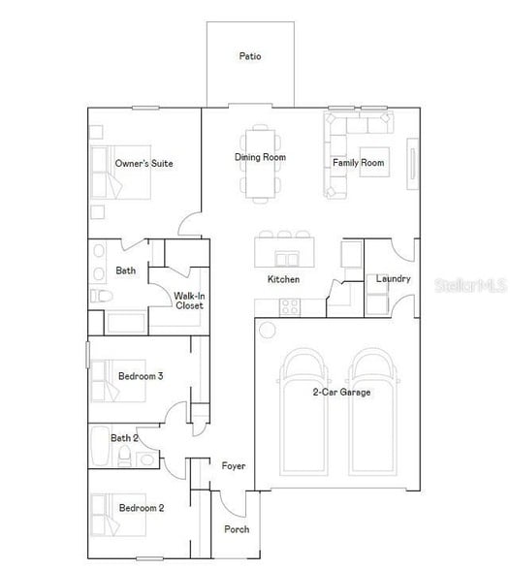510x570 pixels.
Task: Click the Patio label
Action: [250, 56]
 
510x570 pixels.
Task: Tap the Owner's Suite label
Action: [143, 164]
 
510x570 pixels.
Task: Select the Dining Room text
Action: [260, 157]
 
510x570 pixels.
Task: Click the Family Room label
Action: [359, 163]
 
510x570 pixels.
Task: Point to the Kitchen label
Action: [283, 279]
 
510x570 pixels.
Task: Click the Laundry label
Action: [393, 279]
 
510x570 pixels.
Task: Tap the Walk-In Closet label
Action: [188, 301]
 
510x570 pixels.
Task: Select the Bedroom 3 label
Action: [141, 376]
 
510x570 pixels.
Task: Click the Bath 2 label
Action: [124, 438]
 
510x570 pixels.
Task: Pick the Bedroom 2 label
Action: [141, 508]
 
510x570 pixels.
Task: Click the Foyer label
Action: [233, 466]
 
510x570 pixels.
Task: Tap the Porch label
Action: [237, 529]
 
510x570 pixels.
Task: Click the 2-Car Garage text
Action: [340, 393]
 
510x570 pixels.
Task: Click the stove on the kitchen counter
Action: [289, 307]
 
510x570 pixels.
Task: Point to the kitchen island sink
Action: [286, 258]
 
